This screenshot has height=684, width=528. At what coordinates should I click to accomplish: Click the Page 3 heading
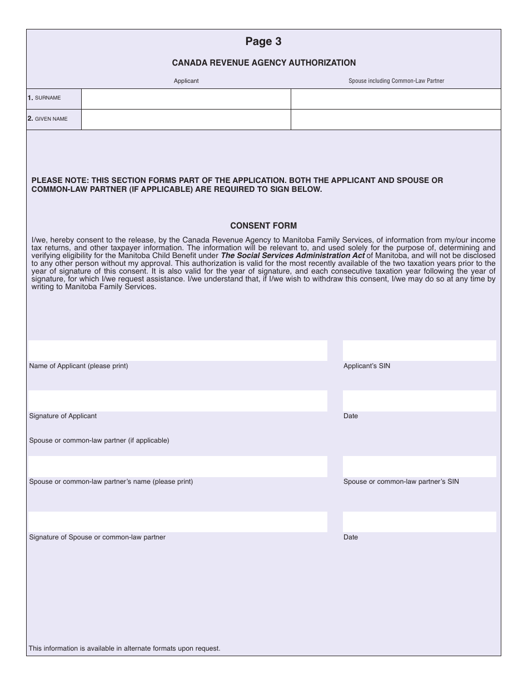pyautogui.click(x=263, y=42)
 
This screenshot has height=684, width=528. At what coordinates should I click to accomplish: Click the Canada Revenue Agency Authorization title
pyautogui.click(x=263, y=63)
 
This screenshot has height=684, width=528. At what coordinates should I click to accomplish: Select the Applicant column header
pyautogui.click(x=186, y=81)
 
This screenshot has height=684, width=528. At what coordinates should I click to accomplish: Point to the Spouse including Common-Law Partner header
pyautogui.click(x=396, y=81)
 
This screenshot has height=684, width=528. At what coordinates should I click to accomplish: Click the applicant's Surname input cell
pyautogui.click(x=186, y=99)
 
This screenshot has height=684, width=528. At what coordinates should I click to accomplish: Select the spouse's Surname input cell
pyautogui.click(x=396, y=99)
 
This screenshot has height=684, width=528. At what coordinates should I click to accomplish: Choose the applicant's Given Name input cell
pyautogui.click(x=186, y=120)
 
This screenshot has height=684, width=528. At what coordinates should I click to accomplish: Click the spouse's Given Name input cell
pyautogui.click(x=396, y=120)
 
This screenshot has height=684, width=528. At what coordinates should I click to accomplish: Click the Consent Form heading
pyautogui.click(x=263, y=226)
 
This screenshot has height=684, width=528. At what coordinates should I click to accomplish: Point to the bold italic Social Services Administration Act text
pyautogui.click(x=293, y=256)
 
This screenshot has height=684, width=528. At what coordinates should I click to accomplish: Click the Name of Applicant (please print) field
pyautogui.click(x=178, y=351)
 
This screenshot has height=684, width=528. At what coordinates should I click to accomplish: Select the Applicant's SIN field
pyautogui.click(x=419, y=351)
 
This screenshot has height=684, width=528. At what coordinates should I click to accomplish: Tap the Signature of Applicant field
pyautogui.click(x=178, y=401)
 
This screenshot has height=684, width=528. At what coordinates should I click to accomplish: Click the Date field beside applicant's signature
pyautogui.click(x=419, y=401)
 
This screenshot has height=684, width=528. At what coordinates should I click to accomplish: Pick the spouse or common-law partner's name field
pyautogui.click(x=178, y=467)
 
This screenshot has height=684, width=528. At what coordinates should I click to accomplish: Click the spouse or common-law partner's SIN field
pyautogui.click(x=419, y=467)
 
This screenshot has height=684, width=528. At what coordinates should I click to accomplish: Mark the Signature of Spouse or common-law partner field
pyautogui.click(x=178, y=522)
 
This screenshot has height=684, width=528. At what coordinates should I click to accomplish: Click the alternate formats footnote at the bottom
pyautogui.click(x=124, y=648)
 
